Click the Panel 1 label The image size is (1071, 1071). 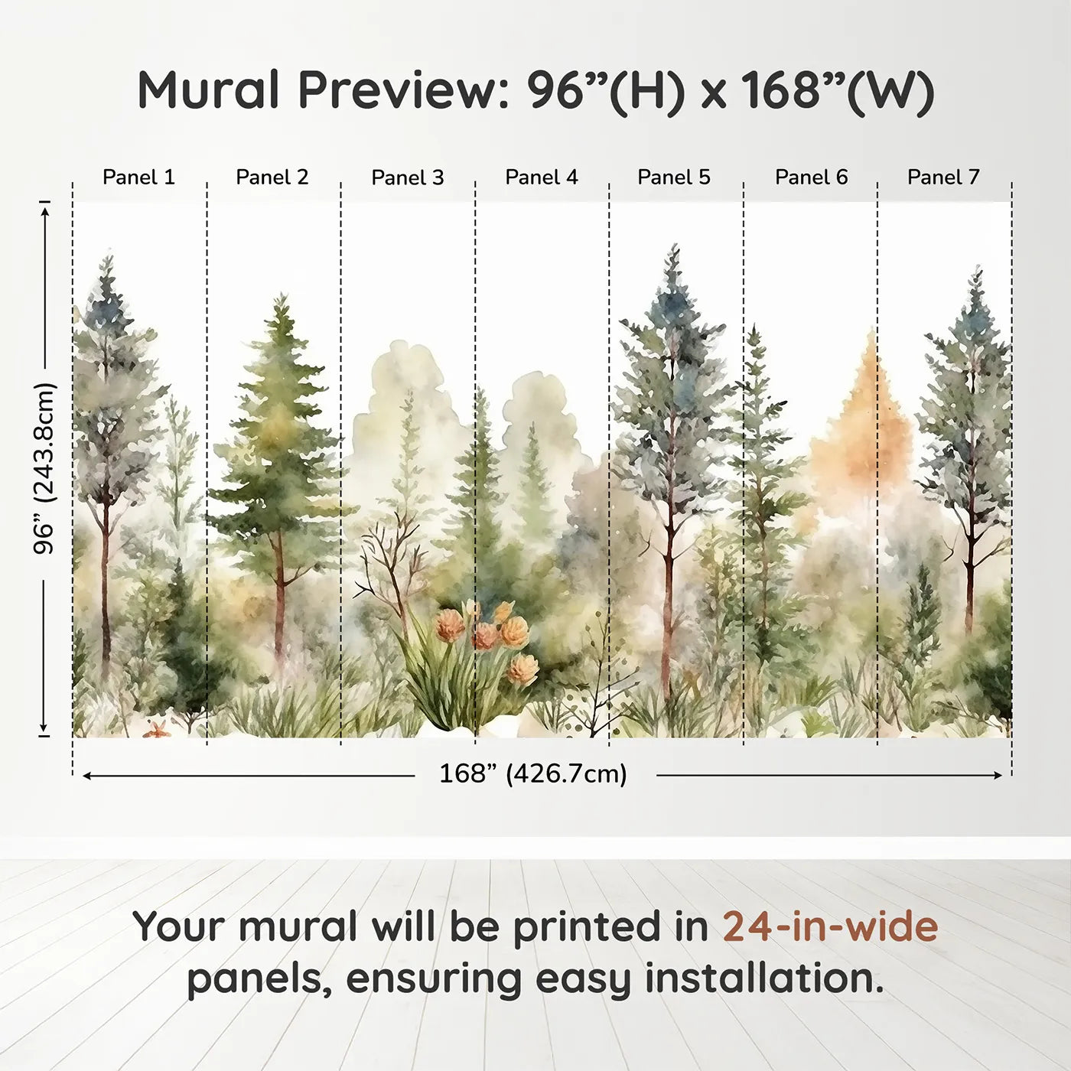point(138,177)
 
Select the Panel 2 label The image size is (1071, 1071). point(272,177)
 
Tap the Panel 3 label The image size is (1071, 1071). point(407,178)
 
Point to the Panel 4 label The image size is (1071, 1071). point(541,177)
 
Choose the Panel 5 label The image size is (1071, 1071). point(673,177)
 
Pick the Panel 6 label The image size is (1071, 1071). point(811,177)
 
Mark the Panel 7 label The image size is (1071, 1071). point(942,177)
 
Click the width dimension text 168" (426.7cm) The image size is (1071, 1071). point(532,774)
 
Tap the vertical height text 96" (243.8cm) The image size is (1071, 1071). point(44,468)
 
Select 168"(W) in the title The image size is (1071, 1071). point(837,90)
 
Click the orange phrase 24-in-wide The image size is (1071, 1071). point(830,926)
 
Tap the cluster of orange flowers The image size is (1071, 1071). point(490,635)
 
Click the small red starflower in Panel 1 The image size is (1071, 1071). point(157,729)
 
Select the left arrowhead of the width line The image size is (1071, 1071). point(86,776)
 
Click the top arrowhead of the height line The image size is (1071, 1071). point(44,209)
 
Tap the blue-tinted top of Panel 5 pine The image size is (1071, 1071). point(672,306)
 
